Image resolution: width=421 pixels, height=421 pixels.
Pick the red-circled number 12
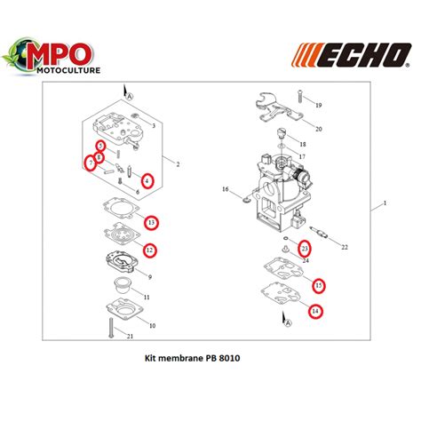click(x=150, y=250)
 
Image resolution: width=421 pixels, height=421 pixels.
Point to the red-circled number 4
click(x=147, y=180)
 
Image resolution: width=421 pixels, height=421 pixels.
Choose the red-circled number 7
click(x=91, y=163)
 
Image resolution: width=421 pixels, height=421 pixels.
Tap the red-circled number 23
click(x=304, y=248)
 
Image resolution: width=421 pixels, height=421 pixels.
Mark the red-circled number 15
click(x=318, y=285)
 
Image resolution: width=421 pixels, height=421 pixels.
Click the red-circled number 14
click(x=314, y=311)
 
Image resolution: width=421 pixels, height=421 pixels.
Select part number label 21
click(x=130, y=336)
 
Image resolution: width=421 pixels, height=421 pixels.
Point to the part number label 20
click(x=319, y=128)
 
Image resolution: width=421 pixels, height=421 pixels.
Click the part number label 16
click(x=225, y=189)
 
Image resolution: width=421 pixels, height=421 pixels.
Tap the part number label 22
click(x=345, y=246)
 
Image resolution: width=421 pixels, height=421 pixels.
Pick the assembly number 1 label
click(x=385, y=203)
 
